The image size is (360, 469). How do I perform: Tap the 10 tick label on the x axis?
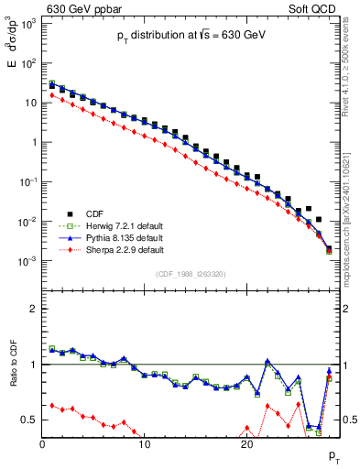tap(144, 443)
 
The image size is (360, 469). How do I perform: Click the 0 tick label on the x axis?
tap(42, 443)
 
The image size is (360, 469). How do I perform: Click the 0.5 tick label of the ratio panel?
tap(27, 420)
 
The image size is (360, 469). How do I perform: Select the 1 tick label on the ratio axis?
tap(33, 365)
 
